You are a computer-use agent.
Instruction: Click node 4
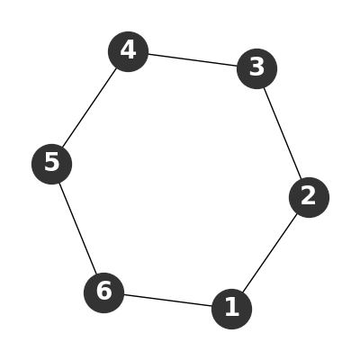click(128, 51)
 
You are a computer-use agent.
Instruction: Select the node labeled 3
click(256, 68)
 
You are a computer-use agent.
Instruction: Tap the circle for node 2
click(309, 197)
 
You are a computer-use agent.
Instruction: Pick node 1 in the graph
click(231, 309)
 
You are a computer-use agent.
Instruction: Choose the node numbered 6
click(103, 292)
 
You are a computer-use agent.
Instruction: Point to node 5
click(51, 164)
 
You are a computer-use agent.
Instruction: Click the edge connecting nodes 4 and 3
click(193, 60)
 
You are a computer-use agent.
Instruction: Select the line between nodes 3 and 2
click(283, 133)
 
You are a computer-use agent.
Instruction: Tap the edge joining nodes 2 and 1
click(270, 254)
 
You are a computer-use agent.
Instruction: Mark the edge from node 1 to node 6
click(167, 301)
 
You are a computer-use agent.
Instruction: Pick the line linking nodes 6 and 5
click(77, 229)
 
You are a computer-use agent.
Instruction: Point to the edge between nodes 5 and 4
click(90, 108)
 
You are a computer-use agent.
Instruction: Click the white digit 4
click(128, 50)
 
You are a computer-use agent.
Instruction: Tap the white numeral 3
click(256, 67)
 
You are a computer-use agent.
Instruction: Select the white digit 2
click(309, 195)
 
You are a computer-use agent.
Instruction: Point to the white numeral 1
click(232, 307)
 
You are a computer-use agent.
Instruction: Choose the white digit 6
click(104, 291)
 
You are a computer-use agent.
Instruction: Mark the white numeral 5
click(51, 162)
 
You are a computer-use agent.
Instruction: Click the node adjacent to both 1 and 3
click(309, 197)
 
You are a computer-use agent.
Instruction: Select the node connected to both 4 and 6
click(51, 164)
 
